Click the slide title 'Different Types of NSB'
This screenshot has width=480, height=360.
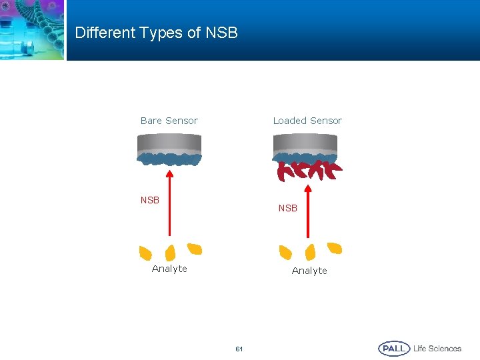[x=156, y=33]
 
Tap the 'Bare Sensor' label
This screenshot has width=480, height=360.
[x=169, y=121]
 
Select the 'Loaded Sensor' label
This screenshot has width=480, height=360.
[x=307, y=121]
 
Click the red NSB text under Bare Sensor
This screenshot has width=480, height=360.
[x=150, y=200]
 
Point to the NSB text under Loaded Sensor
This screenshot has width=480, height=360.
[x=288, y=208]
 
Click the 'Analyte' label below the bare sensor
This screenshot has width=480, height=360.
[x=169, y=269]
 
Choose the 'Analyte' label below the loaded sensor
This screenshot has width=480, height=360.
[x=309, y=271]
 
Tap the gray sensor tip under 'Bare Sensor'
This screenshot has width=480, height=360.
[x=169, y=143]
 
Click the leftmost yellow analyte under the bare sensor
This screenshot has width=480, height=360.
[x=145, y=253]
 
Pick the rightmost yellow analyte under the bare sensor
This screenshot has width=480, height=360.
[x=195, y=249]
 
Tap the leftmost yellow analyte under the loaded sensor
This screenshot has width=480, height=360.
[x=285, y=253]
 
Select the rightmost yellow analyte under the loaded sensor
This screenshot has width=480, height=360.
[x=335, y=249]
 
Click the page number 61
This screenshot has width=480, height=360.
[x=239, y=349]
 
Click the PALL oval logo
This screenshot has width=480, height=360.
[x=394, y=349]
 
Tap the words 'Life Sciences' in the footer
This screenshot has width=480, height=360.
[x=437, y=349]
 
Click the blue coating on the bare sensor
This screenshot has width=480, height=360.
[x=169, y=159]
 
